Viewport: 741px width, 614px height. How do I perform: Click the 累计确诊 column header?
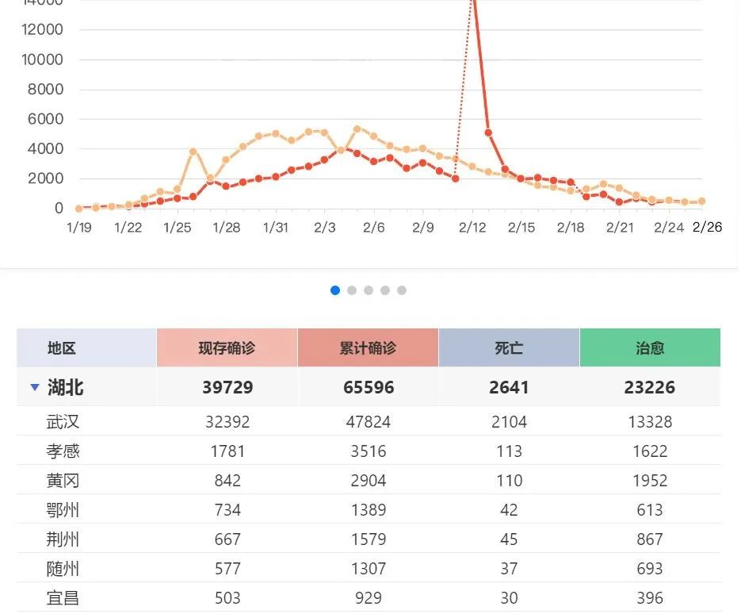tap(368, 347)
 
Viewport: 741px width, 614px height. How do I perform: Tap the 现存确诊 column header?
tap(227, 347)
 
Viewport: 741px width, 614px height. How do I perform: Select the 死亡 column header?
tap(509, 347)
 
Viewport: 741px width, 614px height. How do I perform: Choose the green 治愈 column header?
tap(650, 347)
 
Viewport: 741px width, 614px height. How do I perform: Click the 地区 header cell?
tap(62, 347)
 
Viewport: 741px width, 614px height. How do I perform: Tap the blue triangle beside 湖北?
tap(34, 387)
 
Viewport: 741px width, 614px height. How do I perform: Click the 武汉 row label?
tap(63, 422)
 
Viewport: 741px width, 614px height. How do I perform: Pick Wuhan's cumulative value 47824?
tap(368, 422)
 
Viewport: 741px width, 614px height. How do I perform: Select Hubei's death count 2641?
tap(509, 387)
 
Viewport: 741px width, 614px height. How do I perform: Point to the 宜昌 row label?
tap(63, 597)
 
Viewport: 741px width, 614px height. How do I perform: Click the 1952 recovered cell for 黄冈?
tap(650, 481)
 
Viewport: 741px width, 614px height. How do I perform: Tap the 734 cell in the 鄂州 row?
tap(227, 510)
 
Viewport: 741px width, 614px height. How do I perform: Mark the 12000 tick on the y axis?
tap(44, 30)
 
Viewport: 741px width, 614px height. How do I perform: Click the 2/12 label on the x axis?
tap(472, 228)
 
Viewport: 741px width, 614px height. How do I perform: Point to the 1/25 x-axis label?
tap(178, 228)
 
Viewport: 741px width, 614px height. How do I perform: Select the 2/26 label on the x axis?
tap(708, 228)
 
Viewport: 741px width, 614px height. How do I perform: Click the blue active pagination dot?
tap(335, 290)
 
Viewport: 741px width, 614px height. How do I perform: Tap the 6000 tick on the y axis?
tap(46, 119)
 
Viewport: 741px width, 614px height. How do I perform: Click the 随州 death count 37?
tap(509, 569)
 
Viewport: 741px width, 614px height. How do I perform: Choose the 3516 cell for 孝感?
tap(368, 451)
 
